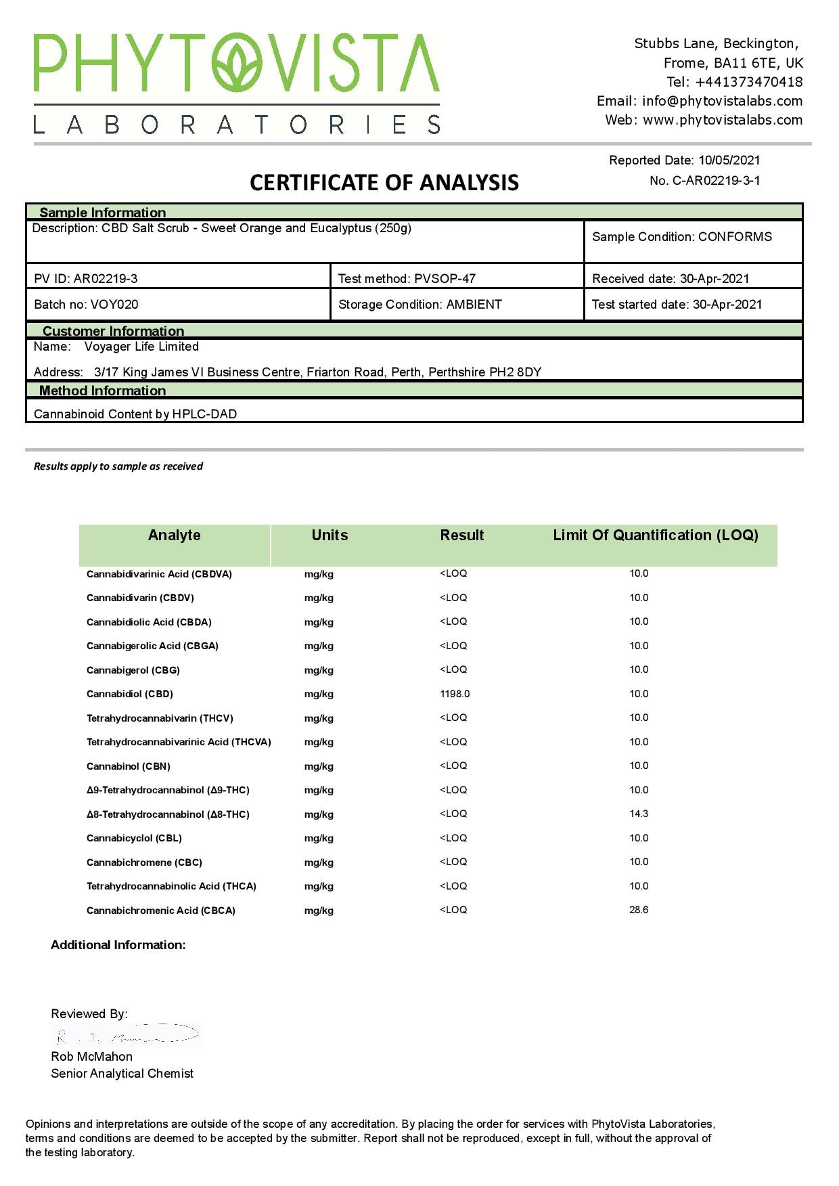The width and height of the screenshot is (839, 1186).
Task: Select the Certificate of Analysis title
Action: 384,183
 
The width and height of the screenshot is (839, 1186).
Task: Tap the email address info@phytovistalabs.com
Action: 722,101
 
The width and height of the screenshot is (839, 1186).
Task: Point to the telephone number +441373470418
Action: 749,82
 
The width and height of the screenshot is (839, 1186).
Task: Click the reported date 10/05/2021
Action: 729,160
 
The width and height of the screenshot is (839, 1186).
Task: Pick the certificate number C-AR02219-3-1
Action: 716,181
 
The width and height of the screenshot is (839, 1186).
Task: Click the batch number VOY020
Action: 114,305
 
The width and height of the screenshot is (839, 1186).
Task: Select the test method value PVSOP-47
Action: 445,279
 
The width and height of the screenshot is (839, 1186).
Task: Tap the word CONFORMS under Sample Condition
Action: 735,237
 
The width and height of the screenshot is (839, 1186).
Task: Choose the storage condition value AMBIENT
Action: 474,305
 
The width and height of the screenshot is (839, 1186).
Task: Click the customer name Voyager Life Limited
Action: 141,347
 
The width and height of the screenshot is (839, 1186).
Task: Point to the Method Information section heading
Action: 102,391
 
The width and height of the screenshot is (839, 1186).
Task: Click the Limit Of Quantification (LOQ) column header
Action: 655,535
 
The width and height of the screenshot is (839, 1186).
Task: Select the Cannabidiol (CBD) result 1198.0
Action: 455,694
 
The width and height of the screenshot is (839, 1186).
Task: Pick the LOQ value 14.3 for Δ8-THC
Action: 639,814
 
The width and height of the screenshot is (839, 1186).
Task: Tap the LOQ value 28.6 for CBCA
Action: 639,910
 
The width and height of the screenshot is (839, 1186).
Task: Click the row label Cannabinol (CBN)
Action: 129,766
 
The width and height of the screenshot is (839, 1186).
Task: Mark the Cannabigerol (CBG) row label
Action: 133,670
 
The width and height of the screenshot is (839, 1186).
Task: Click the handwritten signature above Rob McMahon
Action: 127,1036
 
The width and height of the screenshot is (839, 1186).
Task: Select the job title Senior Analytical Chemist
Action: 122,1074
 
